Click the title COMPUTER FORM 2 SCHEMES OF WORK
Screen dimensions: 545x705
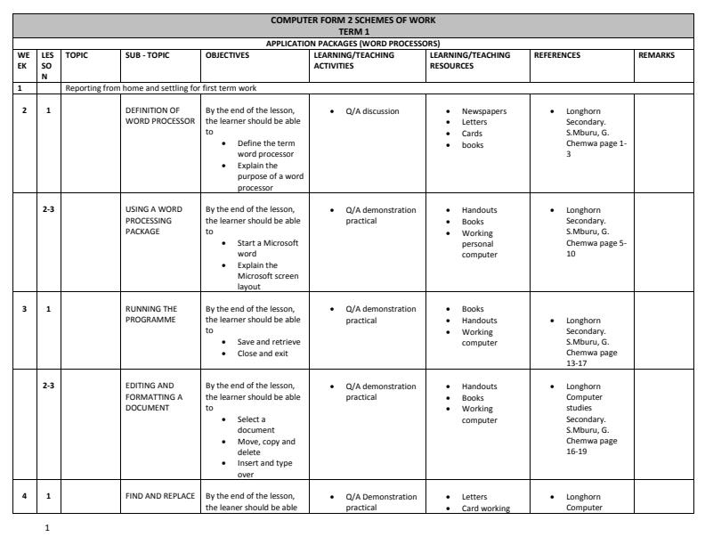click(x=352, y=20)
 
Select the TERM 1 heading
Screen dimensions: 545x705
click(x=352, y=31)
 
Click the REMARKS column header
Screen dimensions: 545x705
click(x=656, y=55)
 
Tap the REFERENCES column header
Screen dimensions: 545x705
click(x=557, y=55)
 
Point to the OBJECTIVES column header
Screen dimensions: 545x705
click(x=231, y=55)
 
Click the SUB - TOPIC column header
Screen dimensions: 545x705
click(x=147, y=55)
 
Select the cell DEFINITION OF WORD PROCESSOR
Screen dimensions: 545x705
click(x=159, y=116)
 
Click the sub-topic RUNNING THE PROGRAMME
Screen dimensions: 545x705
click(x=151, y=314)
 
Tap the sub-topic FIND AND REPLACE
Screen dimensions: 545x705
click(x=159, y=495)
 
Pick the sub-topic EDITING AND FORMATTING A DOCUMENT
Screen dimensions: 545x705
click(x=154, y=396)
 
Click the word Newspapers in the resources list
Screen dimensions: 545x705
click(x=484, y=111)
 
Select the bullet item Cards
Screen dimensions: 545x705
click(x=473, y=134)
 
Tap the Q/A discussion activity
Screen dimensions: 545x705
click(x=372, y=111)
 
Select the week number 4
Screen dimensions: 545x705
click(x=25, y=495)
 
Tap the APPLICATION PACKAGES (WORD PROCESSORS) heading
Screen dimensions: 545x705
click(x=352, y=43)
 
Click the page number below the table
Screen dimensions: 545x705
click(x=46, y=526)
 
